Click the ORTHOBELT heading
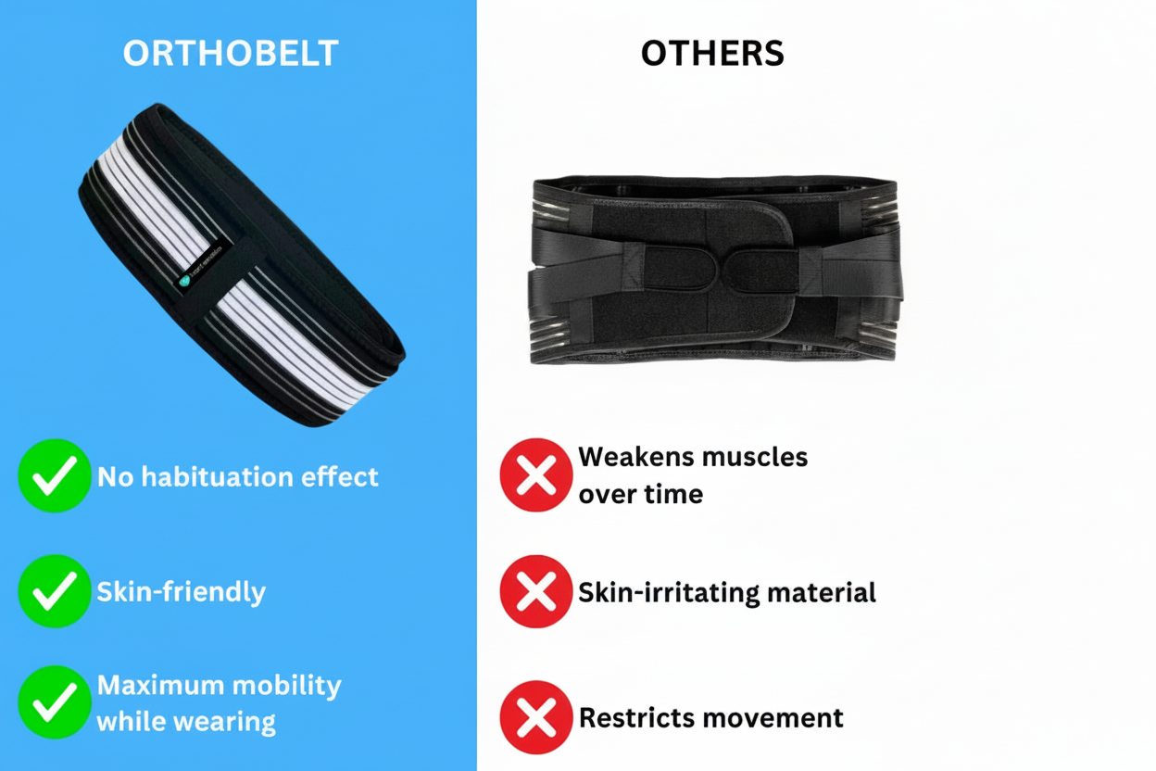click(x=231, y=54)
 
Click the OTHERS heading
click(x=712, y=54)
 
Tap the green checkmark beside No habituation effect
click(x=55, y=475)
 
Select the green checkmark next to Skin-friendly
click(x=55, y=591)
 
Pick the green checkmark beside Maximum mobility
click(x=55, y=702)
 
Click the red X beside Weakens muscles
click(x=536, y=474)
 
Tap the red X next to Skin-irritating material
click(x=536, y=591)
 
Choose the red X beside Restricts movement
click(x=536, y=717)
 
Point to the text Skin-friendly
click(x=182, y=592)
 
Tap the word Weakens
click(x=636, y=457)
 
